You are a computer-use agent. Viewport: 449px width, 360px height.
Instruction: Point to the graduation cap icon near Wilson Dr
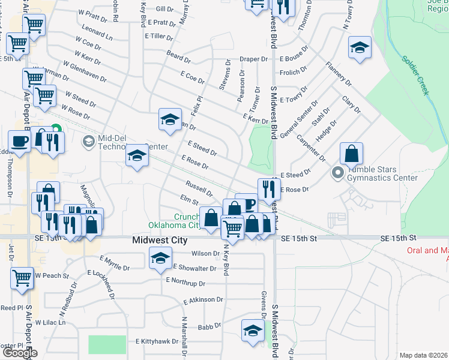(x=160, y=259)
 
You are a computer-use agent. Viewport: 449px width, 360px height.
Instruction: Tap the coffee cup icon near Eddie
(x=19, y=142)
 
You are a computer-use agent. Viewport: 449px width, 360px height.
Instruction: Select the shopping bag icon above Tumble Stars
(x=351, y=154)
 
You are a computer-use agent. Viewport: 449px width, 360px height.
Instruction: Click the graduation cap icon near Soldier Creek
(x=360, y=47)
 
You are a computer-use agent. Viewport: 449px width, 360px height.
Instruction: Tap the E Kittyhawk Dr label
(x=157, y=341)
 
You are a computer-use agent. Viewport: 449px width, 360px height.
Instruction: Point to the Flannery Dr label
(x=339, y=73)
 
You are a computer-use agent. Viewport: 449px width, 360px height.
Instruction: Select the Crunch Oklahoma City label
(x=176, y=221)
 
